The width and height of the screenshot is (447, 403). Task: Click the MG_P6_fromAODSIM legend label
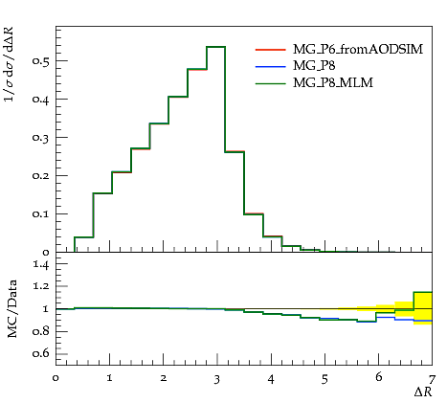(x=358, y=49)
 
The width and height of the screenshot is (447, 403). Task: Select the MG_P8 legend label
(x=314, y=66)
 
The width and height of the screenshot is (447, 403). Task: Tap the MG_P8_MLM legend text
(x=333, y=83)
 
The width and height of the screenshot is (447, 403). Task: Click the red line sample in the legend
(x=270, y=50)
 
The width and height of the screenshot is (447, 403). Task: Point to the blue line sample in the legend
(x=270, y=66)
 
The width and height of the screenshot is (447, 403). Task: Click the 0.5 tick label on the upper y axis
(x=40, y=60)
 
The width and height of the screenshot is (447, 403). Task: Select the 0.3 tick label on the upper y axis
(x=40, y=137)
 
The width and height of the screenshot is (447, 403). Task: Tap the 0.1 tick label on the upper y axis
(x=40, y=213)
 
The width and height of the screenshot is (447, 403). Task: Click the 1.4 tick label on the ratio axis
(x=41, y=264)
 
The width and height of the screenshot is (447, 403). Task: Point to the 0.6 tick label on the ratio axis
(x=41, y=353)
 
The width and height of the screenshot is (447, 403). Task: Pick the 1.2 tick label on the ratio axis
(x=41, y=286)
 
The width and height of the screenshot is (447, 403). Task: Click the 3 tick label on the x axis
(x=217, y=379)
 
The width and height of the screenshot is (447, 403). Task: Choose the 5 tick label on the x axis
(x=324, y=379)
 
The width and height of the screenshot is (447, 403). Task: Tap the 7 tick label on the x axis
(x=432, y=379)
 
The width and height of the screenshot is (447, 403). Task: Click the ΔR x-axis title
(x=423, y=392)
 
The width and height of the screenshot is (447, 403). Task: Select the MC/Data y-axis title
(x=12, y=309)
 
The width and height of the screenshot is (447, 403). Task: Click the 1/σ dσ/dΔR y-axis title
(x=10, y=65)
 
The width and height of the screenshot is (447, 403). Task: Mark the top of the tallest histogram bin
(x=216, y=47)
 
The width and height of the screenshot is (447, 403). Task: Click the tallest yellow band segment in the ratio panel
(x=423, y=308)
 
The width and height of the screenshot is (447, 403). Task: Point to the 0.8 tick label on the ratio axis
(x=41, y=331)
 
